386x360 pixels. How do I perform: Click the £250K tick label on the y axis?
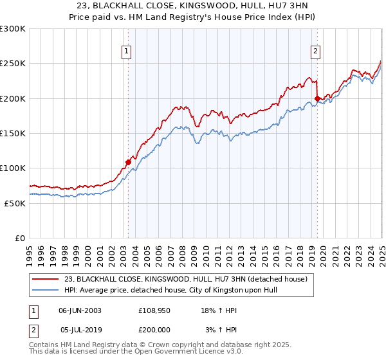[x=12, y=64]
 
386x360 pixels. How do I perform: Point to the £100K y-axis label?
[x=12, y=168]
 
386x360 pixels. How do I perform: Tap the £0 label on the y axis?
[x=20, y=238]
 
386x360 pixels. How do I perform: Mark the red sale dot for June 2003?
[x=128, y=162]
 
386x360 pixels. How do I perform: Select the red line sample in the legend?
[x=46, y=279]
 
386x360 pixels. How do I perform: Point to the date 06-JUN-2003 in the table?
[x=80, y=310]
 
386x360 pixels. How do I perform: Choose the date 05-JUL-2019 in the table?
[x=80, y=330]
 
